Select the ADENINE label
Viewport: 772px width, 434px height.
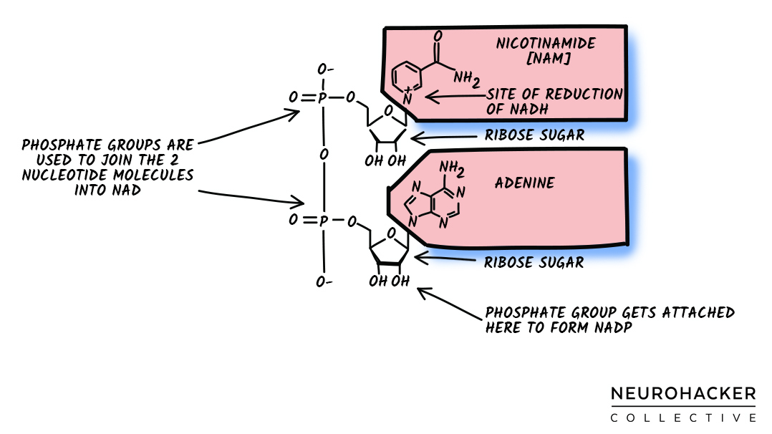coord(524,183)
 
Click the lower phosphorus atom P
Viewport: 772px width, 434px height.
coord(323,221)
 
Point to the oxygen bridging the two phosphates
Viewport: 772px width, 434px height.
coord(324,155)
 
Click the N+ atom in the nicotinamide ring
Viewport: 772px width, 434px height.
coord(406,97)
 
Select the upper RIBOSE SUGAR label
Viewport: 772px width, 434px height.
coord(534,135)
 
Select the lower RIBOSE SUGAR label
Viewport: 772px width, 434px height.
coord(534,263)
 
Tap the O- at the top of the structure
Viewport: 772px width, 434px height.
coord(325,70)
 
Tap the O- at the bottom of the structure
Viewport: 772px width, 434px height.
coord(324,281)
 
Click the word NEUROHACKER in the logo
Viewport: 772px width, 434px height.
coord(682,394)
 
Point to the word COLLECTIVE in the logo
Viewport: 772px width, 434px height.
coord(682,418)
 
